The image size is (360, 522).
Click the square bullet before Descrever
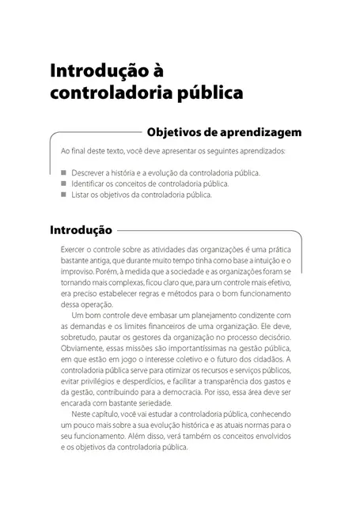click(63, 172)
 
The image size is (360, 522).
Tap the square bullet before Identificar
click(63, 183)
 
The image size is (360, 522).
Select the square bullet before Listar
click(63, 194)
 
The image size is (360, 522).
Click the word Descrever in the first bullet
click(90, 172)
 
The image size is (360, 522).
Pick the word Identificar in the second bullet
click(91, 183)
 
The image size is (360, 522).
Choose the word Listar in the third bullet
click(81, 194)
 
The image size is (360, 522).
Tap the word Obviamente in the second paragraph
click(84, 349)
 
